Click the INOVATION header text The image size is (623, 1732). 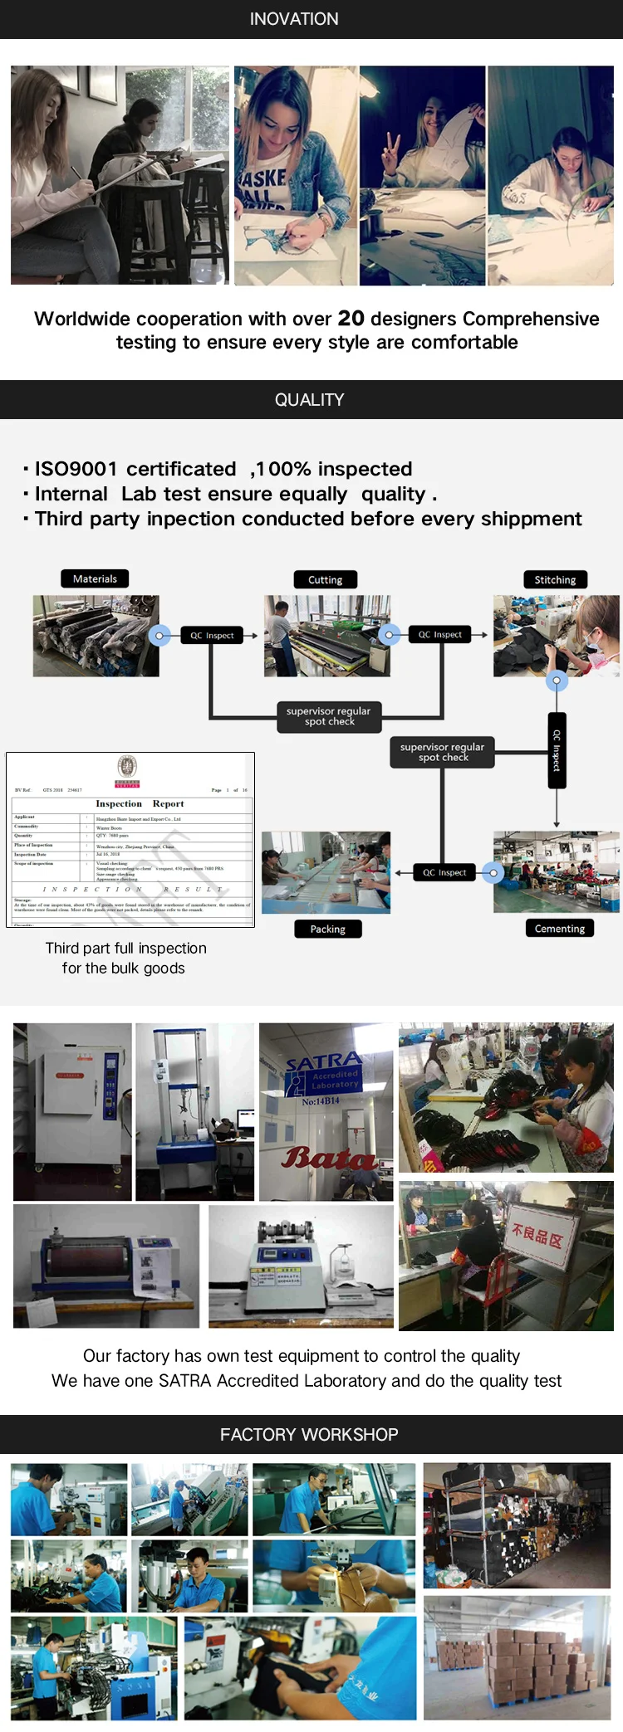[x=294, y=19]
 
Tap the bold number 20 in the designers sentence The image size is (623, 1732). [x=351, y=319]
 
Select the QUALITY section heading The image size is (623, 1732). [x=309, y=400]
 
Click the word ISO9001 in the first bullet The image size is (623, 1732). [x=76, y=469]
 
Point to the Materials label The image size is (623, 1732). [x=95, y=578]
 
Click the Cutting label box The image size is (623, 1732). [x=325, y=579]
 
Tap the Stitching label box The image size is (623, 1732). [x=555, y=579]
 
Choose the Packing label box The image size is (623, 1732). [x=327, y=929]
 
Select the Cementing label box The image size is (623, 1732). [x=559, y=928]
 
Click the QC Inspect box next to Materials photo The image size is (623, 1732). [x=212, y=636]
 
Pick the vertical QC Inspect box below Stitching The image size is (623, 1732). [x=557, y=751]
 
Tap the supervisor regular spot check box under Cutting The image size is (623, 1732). [x=329, y=716]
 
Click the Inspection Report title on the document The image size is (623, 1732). [x=140, y=803]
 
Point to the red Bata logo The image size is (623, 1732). [x=329, y=1158]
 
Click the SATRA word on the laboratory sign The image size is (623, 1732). [x=323, y=1061]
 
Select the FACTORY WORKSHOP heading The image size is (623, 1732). [x=309, y=1434]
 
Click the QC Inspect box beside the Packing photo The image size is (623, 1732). [x=444, y=872]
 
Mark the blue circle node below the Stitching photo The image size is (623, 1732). [x=557, y=681]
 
